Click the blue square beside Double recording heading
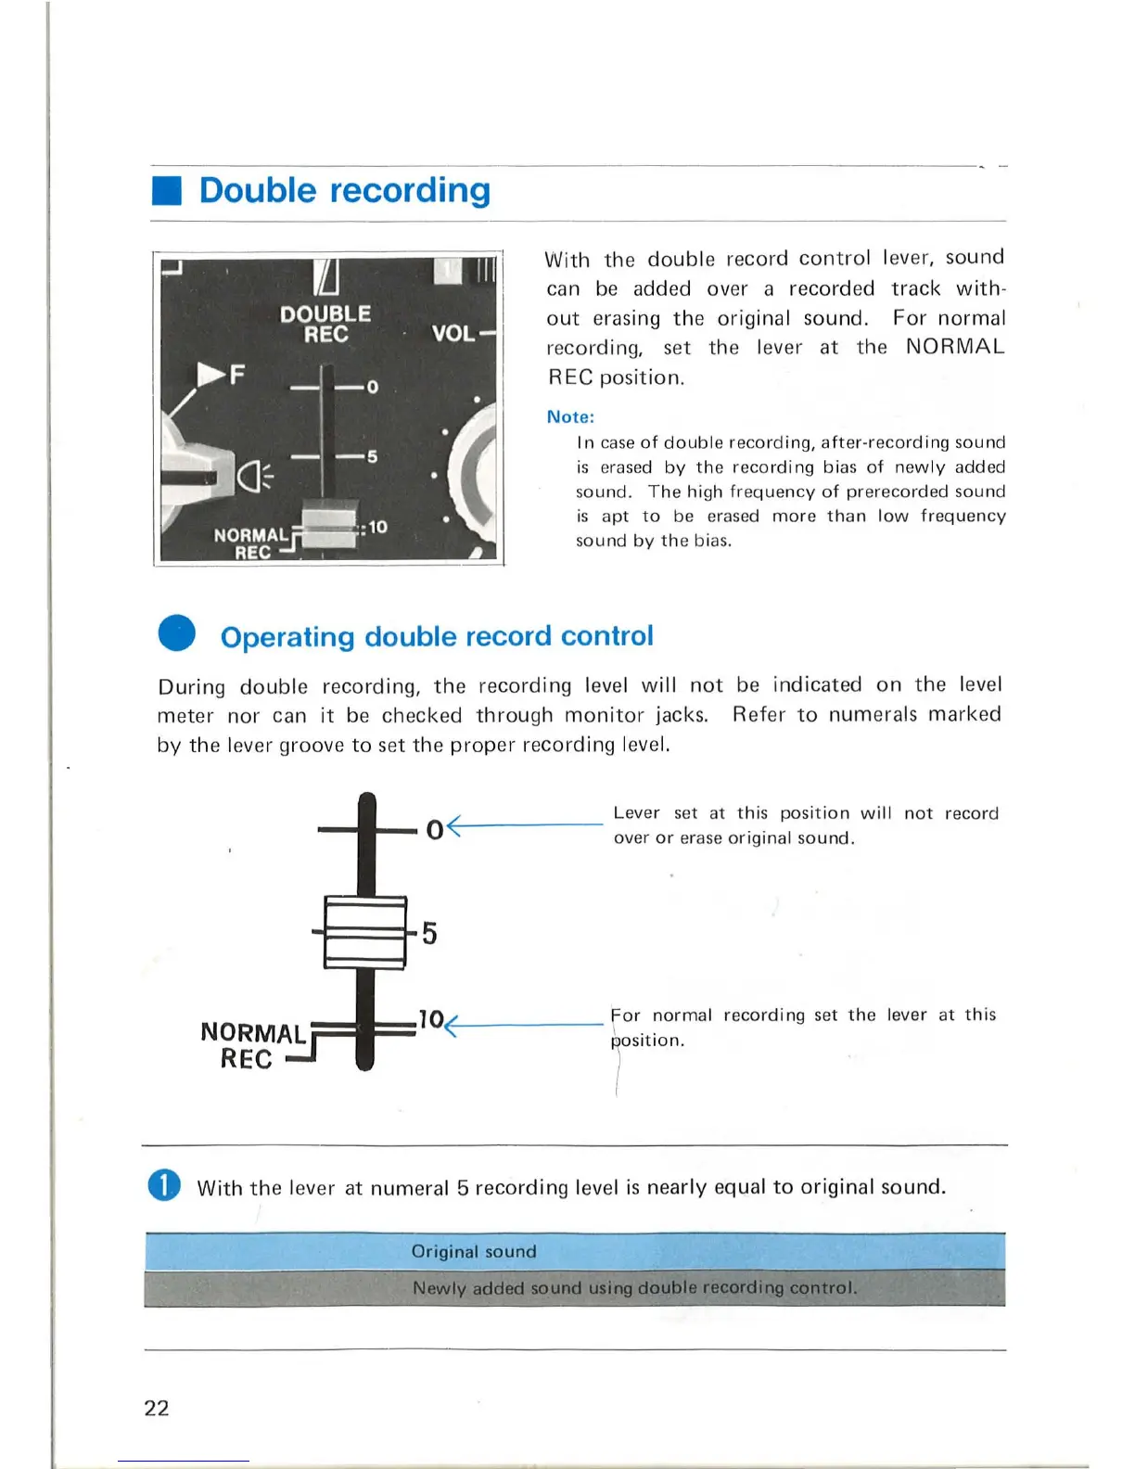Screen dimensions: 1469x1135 166,190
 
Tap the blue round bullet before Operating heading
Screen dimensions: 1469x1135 176,633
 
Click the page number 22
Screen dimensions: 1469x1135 157,1408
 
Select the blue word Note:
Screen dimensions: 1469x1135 570,417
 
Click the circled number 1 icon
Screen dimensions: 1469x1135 164,1185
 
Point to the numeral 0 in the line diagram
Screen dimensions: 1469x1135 434,829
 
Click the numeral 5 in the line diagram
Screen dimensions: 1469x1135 429,933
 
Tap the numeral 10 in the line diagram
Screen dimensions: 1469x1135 430,1019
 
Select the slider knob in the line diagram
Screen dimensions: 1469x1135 365,932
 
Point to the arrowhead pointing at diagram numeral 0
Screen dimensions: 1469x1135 453,825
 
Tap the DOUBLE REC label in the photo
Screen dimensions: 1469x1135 325,324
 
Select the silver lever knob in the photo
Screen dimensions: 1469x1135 329,526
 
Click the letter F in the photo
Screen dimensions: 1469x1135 237,375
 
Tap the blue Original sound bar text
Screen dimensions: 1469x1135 474,1251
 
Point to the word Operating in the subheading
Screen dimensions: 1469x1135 287,636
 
